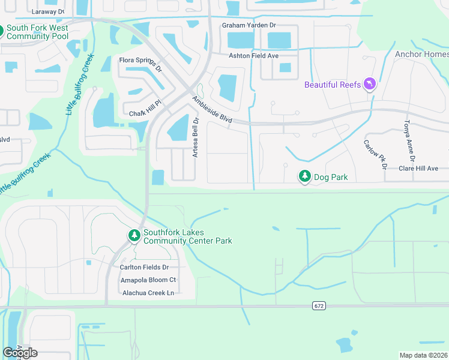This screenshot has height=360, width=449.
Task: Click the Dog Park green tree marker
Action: (x=305, y=176)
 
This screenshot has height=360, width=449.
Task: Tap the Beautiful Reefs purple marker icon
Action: (x=370, y=84)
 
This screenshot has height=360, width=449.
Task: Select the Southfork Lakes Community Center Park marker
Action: (x=134, y=236)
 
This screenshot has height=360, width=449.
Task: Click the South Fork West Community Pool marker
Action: (x=1, y=32)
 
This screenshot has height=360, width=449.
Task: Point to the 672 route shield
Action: (x=319, y=306)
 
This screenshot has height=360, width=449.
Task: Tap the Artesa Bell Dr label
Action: (x=195, y=137)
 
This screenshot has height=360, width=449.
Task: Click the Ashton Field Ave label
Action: (x=254, y=56)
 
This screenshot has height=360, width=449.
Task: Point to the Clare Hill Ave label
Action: (x=418, y=169)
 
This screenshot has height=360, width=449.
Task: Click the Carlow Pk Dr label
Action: (x=375, y=154)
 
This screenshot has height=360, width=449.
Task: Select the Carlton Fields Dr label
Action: (x=144, y=267)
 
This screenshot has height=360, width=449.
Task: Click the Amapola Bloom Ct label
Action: (x=148, y=280)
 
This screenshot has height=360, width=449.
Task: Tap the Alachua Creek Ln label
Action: (x=148, y=293)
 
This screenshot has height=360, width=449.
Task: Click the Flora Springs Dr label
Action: (x=140, y=62)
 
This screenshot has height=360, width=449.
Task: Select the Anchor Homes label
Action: (x=421, y=54)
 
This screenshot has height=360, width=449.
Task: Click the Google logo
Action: (x=20, y=353)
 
